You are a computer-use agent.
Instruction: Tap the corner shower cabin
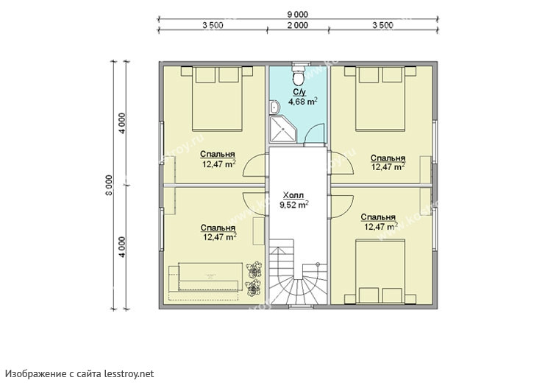283,129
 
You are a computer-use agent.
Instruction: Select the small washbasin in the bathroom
274,107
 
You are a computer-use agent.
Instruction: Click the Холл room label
293,195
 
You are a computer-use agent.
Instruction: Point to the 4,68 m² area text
303,102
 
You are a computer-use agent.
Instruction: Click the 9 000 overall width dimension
298,14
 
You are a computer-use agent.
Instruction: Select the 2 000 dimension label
298,25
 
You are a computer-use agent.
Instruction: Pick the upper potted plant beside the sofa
254,270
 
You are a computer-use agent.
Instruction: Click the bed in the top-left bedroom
217,98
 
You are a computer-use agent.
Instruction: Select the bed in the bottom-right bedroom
380,272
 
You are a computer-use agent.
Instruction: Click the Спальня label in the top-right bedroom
388,158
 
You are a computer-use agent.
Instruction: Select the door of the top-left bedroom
254,165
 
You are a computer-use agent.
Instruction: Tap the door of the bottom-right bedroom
341,206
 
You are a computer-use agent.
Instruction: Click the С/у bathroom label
299,92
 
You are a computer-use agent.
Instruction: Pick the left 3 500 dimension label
213,25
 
